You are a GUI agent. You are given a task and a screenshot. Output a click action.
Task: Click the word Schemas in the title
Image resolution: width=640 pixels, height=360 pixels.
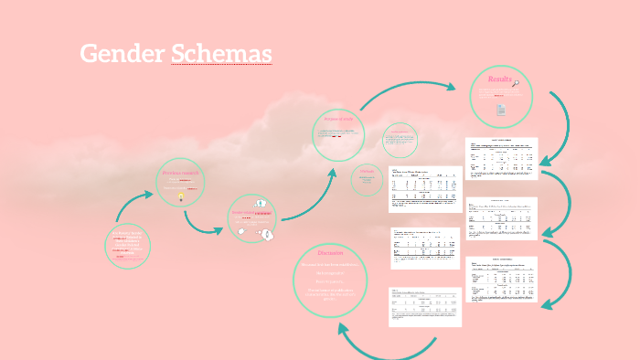[x=221, y=54]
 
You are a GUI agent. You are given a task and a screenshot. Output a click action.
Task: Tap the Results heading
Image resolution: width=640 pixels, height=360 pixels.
[x=499, y=79]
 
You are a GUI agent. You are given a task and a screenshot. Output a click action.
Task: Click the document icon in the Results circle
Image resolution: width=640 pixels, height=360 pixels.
[x=501, y=110]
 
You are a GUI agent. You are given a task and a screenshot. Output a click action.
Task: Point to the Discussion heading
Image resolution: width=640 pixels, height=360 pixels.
[x=330, y=252]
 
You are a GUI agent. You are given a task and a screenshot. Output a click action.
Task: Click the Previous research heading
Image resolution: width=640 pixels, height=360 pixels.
[x=179, y=173]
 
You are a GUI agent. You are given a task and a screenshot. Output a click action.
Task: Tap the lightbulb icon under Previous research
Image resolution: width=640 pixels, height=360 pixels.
[x=181, y=196]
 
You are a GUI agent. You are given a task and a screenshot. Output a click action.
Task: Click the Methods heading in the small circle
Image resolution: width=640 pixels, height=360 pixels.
[x=367, y=171]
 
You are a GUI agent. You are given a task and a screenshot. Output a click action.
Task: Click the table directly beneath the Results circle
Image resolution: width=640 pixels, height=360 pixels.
[x=501, y=158]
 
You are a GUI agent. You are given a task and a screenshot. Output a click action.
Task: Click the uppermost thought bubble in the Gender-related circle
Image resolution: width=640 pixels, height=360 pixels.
[x=260, y=203]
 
